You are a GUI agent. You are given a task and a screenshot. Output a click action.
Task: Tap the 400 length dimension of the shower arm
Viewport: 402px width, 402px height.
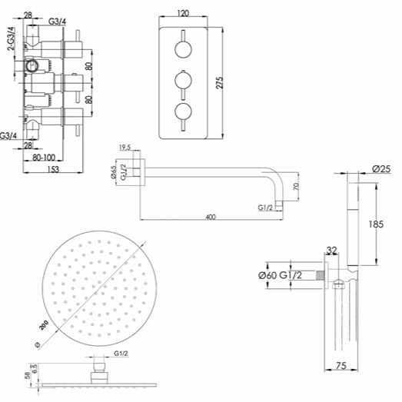[211, 217]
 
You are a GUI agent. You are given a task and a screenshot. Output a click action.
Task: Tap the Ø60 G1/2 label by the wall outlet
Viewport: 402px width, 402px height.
[280, 275]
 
